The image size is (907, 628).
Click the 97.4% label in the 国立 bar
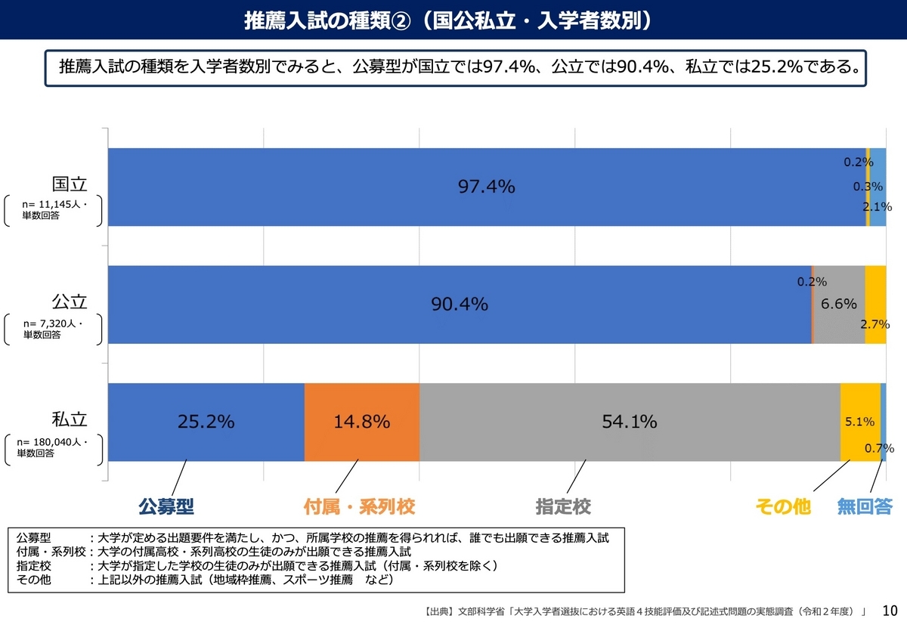point(486,187)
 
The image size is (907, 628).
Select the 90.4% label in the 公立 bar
point(460,304)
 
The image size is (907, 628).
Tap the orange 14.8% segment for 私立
point(361,422)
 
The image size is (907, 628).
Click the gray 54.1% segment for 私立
point(630,422)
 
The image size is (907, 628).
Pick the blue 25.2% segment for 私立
point(206,422)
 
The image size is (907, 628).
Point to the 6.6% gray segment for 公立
point(839,305)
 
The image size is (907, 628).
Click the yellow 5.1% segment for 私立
point(860,422)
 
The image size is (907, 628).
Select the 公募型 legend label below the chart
point(166,506)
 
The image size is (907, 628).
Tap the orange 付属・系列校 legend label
point(359,506)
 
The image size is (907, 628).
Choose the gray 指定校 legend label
point(563,506)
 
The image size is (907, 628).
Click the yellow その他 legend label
point(783,506)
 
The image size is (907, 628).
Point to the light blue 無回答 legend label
point(865,506)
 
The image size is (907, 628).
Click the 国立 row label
point(70,184)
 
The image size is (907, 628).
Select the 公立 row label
point(70,302)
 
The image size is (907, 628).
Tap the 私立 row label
point(70,419)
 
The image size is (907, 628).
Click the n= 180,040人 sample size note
point(52,442)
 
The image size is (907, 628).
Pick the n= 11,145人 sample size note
point(54,205)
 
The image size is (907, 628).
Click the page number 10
point(890,611)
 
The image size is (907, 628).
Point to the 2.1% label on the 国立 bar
point(877,207)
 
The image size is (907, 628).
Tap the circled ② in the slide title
point(401,20)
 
